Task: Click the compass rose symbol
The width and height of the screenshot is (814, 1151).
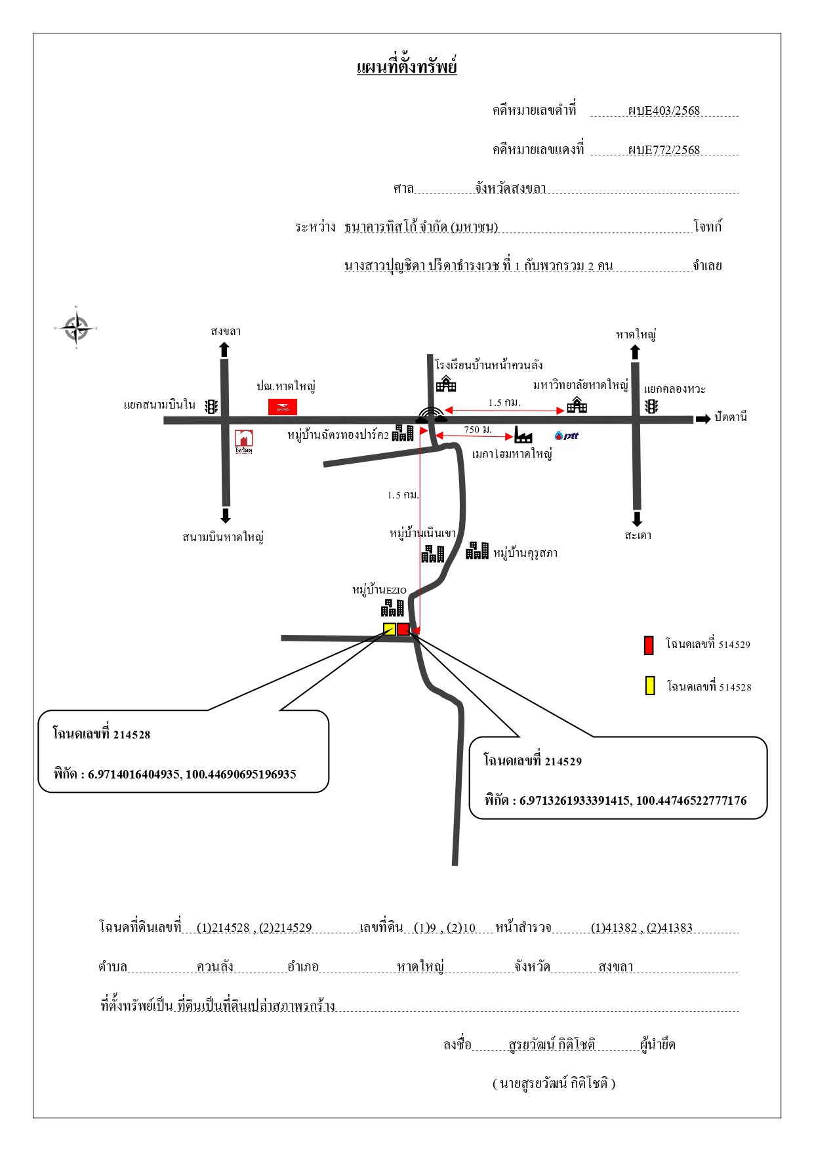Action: point(76,327)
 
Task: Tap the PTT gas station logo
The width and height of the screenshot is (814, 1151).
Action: point(567,435)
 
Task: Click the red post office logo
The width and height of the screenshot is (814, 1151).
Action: point(283,407)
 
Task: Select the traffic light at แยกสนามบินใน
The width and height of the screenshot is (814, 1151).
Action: point(211,407)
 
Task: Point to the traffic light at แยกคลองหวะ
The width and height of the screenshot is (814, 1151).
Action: point(651,407)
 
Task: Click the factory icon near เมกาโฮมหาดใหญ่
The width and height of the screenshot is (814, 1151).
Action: point(523,434)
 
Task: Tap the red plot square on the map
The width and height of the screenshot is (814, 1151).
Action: point(403,629)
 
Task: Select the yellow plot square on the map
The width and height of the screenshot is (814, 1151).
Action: point(390,629)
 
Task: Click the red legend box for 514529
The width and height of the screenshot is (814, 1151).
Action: point(649,645)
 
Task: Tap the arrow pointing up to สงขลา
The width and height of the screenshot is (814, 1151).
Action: point(224,350)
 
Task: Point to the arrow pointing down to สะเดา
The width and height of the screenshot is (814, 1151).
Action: point(637,519)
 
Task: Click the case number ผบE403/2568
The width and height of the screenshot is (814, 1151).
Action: point(664,111)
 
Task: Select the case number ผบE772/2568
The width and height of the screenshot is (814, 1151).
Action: point(664,150)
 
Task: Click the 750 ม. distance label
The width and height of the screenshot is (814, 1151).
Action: point(478,430)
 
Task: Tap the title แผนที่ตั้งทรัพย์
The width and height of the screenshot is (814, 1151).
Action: point(407,67)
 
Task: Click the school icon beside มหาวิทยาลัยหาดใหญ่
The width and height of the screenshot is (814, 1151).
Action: point(577,405)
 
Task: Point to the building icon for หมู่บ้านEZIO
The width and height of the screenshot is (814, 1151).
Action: point(392,608)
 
